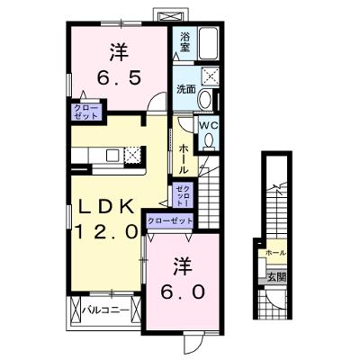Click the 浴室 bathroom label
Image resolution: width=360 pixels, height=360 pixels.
(184, 41)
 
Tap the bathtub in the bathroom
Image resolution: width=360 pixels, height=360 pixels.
(209, 44)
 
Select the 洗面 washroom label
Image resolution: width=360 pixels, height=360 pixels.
(186, 89)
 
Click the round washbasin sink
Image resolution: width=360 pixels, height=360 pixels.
(205, 99)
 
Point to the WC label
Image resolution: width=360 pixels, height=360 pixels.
(209, 126)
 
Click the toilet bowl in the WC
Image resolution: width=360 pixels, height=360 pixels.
(209, 140)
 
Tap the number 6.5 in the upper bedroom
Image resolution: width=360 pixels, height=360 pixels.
(119, 78)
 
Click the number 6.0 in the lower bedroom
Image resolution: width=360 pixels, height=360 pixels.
(183, 292)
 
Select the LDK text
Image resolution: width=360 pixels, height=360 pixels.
(106, 207)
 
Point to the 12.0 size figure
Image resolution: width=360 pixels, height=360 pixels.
(106, 231)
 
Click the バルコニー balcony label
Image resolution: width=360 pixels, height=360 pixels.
(106, 310)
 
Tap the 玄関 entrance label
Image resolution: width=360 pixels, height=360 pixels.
(276, 276)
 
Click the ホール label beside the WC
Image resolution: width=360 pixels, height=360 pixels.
(184, 159)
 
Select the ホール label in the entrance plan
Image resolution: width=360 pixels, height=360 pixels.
(275, 253)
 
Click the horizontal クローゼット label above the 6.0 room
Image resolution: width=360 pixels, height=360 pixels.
(170, 221)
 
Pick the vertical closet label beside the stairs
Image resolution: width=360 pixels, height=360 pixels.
(183, 195)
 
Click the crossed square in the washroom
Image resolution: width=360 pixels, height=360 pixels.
(210, 75)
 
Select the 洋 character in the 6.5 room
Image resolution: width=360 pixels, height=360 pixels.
(119, 51)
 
